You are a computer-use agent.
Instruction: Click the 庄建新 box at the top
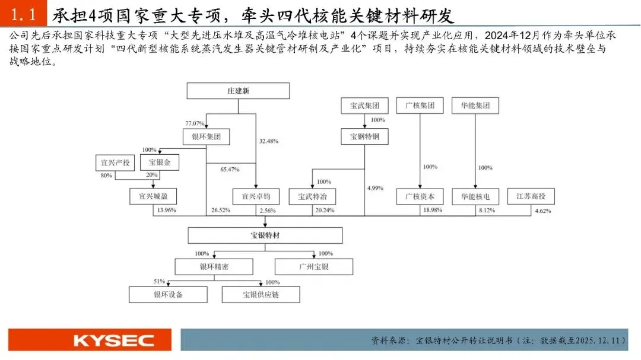tap(238, 91)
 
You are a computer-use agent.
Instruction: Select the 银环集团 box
tap(206, 137)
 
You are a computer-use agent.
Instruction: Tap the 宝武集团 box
tap(364, 106)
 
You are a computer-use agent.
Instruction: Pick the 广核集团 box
tap(420, 106)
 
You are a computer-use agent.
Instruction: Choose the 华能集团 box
tap(475, 106)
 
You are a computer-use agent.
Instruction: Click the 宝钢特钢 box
tap(364, 137)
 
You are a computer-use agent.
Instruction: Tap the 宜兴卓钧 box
tap(256, 196)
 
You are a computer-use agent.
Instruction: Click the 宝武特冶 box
tap(312, 196)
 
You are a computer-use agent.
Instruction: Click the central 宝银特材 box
tap(265, 235)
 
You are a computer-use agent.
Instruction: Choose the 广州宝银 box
tap(314, 266)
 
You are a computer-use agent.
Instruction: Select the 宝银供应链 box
tap(261, 294)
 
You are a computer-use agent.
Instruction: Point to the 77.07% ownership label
tap(195, 123)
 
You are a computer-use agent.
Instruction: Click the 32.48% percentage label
tap(269, 141)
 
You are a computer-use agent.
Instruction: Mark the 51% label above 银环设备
tap(159, 281)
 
